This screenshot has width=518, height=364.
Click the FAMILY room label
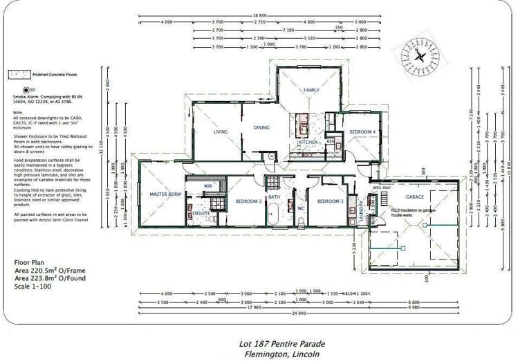311,91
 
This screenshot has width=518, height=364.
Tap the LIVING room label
221,131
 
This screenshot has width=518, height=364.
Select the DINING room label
261,127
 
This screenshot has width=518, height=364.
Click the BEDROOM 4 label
362,131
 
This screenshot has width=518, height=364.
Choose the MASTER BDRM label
165,194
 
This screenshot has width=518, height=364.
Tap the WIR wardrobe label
207,186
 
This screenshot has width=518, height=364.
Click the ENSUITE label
202,213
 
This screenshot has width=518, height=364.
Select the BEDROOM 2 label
248,201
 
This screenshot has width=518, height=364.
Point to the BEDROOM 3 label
330,201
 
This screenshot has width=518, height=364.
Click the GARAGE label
415,197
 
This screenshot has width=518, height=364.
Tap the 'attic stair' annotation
382,188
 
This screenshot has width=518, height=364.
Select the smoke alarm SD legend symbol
26,89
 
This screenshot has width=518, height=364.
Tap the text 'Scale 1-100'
37,286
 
